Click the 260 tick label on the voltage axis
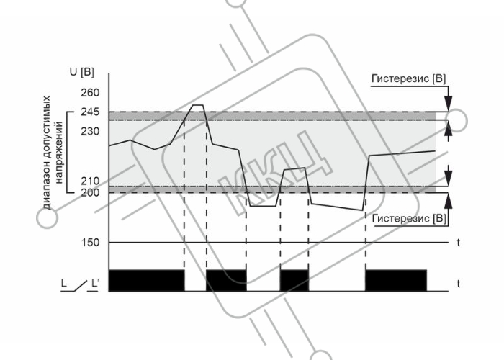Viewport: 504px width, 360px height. [x=90, y=93]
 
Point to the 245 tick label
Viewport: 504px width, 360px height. [x=90, y=112]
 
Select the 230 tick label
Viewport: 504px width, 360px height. [x=90, y=132]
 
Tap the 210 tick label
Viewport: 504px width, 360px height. [x=90, y=181]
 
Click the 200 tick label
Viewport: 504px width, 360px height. [x=90, y=192]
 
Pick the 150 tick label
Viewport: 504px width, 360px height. [x=90, y=243]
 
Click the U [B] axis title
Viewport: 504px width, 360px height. [x=82, y=72]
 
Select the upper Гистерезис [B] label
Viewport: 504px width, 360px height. [x=409, y=78]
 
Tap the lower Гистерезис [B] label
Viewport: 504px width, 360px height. [x=409, y=219]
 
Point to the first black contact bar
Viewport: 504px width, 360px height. [x=147, y=281]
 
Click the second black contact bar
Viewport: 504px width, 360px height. [x=226, y=281]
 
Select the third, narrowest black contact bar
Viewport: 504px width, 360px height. [x=294, y=281]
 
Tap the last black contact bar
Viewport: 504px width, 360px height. [x=396, y=281]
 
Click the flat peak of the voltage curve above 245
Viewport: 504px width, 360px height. [x=197, y=105]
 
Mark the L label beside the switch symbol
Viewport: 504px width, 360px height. [x=63, y=284]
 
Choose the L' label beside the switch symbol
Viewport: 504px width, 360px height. [x=95, y=284]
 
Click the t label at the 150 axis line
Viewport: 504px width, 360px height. [x=459, y=243]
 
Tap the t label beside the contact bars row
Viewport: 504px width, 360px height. [x=459, y=284]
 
